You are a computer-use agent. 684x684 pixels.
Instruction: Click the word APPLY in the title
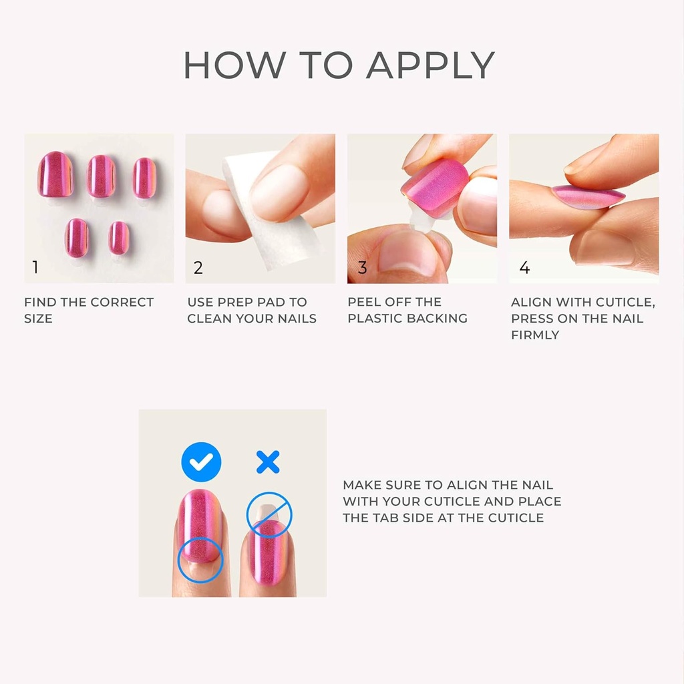(430, 65)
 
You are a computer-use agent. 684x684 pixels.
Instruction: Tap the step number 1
(35, 268)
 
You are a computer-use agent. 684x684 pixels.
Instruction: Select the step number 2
(198, 268)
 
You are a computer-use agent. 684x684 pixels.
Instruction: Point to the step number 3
(362, 268)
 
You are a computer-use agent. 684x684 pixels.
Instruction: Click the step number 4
(524, 268)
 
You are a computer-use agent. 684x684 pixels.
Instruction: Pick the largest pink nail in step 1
(55, 174)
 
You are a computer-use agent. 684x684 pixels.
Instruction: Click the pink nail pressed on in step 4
(588, 196)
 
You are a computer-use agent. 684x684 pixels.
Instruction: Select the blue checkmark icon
(201, 462)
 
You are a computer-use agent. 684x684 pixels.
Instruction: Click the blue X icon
(268, 462)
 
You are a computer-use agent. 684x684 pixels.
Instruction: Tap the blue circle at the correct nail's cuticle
(200, 560)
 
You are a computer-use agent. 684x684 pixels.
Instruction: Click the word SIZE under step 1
(38, 319)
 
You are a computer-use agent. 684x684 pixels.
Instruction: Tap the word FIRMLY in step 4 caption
(535, 335)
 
